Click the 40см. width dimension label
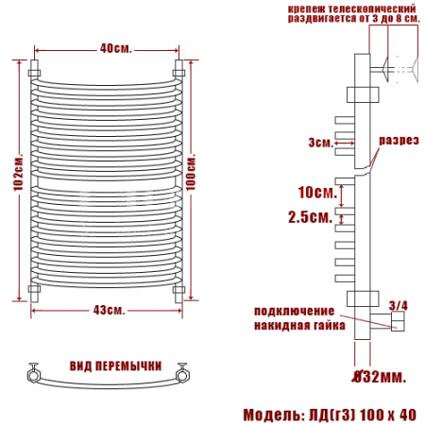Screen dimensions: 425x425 (115, 49)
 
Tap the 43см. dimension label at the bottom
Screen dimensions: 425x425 (109, 310)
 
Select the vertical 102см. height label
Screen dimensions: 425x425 (18, 173)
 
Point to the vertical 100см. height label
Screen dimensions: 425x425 (191, 172)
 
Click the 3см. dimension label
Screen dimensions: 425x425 (321, 143)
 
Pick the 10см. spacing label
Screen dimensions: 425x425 (317, 192)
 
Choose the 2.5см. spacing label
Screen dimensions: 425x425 (311, 217)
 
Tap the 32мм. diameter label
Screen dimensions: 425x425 (380, 376)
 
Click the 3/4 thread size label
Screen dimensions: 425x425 (399, 305)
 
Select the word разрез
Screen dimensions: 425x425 (399, 141)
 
